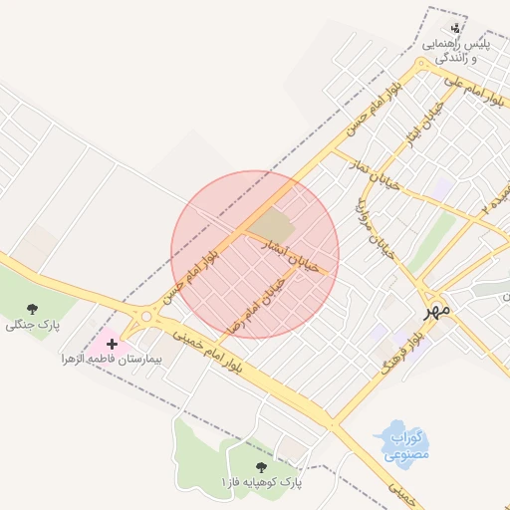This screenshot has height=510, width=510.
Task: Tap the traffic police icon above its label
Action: point(456,28)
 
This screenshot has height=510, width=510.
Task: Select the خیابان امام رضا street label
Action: point(255,305)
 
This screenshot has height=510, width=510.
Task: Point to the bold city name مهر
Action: point(435,310)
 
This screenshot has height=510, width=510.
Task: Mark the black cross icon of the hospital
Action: point(112,343)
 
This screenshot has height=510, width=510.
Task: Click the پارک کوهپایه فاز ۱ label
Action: point(261,482)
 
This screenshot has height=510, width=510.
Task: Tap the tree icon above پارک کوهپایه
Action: point(261,465)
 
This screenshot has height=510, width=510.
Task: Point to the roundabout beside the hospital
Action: point(146,316)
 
